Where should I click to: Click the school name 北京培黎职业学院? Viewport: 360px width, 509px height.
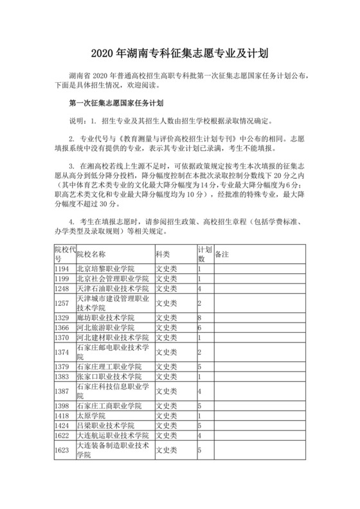pos(105,268)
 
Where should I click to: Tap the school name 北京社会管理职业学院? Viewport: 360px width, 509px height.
pos(113,278)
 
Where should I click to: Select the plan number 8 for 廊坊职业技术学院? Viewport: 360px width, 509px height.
pos(201,318)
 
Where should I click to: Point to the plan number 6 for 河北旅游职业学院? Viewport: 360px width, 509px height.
pos(201,328)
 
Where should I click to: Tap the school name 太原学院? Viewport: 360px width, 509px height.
pos(91,416)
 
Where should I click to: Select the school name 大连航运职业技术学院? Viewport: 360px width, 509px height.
pos(113,436)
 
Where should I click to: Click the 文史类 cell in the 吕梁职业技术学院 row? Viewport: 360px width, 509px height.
pos(165,425)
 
